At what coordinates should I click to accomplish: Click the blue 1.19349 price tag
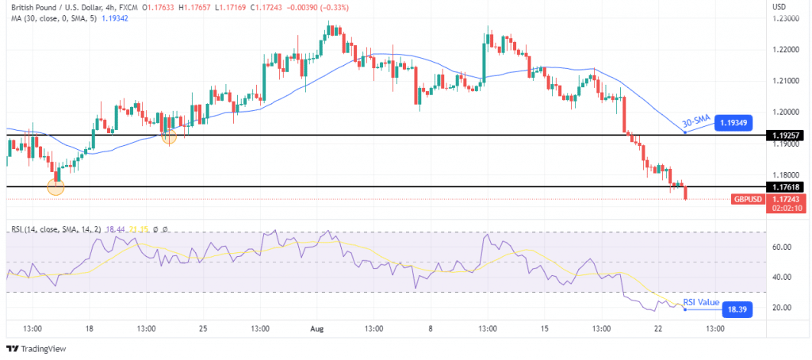click(733, 123)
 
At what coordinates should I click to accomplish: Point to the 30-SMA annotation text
click(695, 121)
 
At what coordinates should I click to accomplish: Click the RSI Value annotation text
click(700, 302)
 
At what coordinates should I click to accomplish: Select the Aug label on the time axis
click(318, 327)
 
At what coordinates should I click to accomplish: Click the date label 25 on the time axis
click(203, 327)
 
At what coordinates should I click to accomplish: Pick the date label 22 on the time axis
click(658, 327)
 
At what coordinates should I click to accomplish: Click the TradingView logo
click(37, 348)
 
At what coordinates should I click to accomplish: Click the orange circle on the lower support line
click(56, 187)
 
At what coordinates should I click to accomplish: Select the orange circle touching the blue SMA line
click(169, 136)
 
